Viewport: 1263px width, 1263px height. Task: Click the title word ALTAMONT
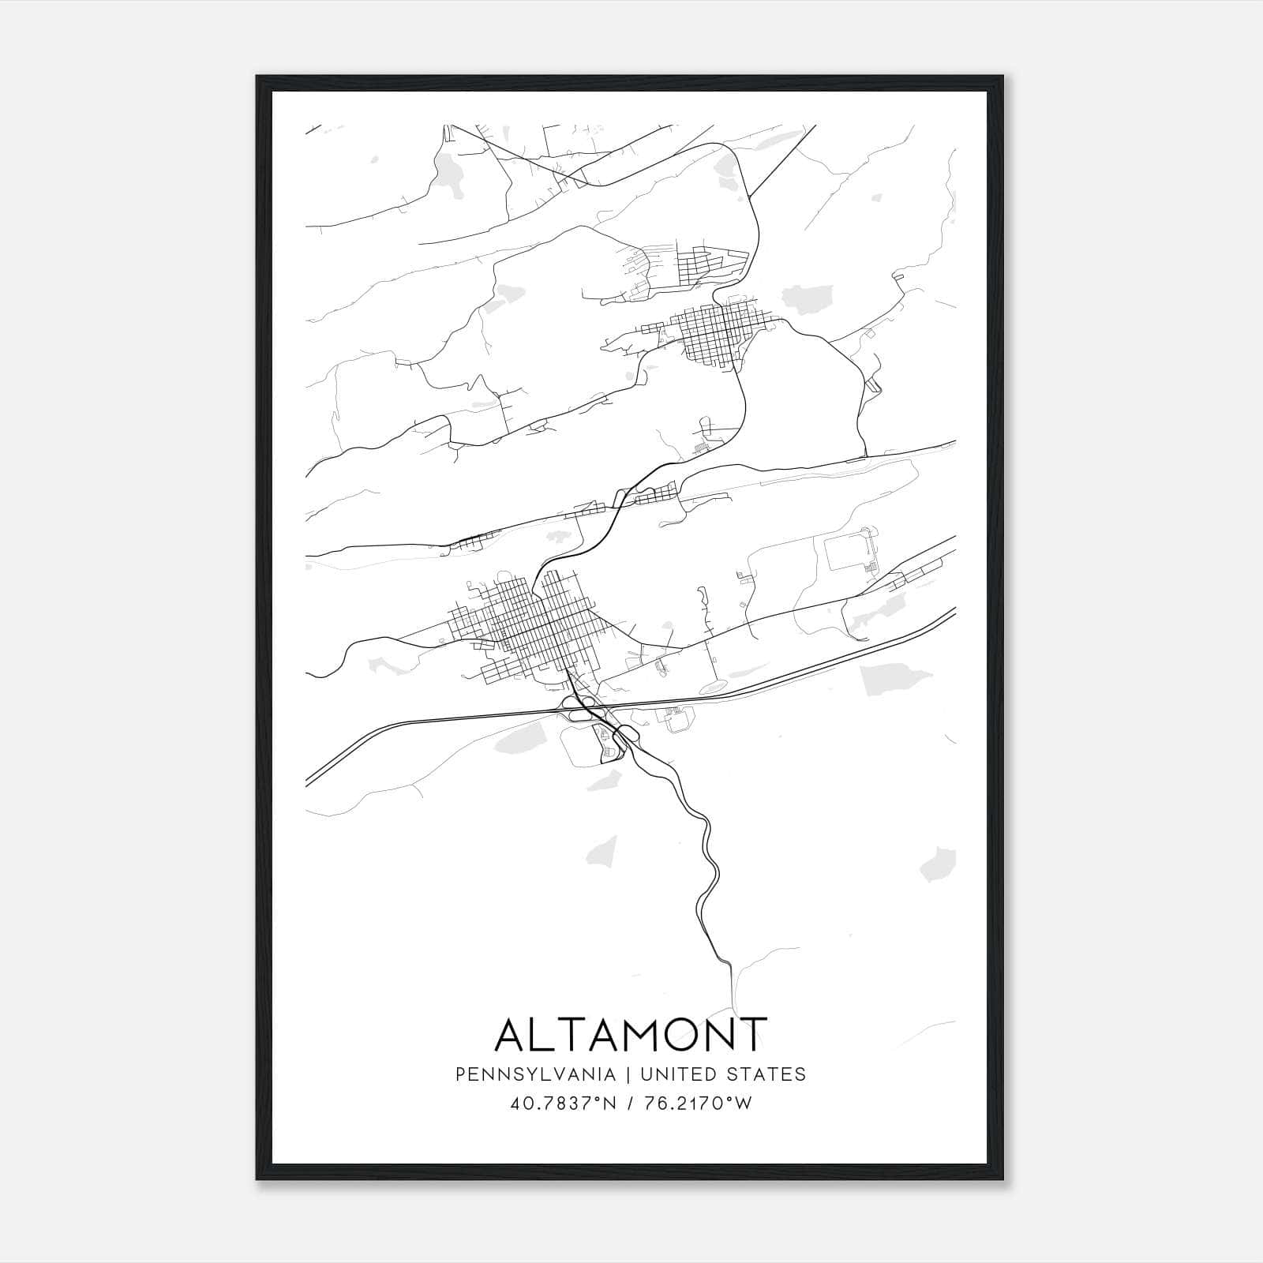pyautogui.click(x=631, y=1034)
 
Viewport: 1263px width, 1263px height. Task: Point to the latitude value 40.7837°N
pyautogui.click(x=560, y=1104)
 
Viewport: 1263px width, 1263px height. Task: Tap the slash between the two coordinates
pyautogui.click(x=630, y=1104)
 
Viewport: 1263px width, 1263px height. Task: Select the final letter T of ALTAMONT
pyautogui.click(x=752, y=1034)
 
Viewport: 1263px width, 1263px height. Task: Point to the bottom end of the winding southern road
pyautogui.click(x=730, y=968)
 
